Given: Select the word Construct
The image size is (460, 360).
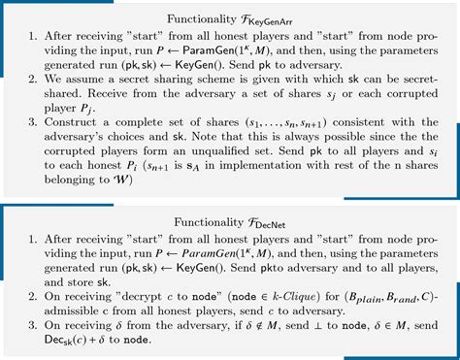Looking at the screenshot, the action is (x=79, y=132).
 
